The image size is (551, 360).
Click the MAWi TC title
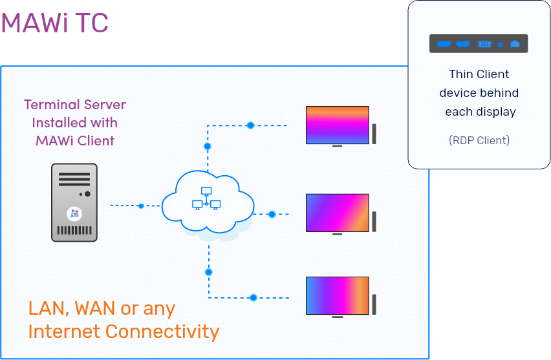[x=55, y=23]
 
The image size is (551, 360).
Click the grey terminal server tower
[x=75, y=202]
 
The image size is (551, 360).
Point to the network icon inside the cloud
[x=206, y=199]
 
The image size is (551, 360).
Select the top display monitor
[x=337, y=125]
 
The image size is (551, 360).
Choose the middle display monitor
[x=337, y=213]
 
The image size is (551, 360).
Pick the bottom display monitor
[x=337, y=296]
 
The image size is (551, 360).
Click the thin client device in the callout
[x=479, y=44]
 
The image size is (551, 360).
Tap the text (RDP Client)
[x=479, y=140]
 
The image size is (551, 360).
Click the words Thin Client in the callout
[x=479, y=74]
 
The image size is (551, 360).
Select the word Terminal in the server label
[x=49, y=105]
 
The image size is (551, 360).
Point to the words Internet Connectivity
[x=124, y=332]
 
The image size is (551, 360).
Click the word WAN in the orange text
[x=94, y=308]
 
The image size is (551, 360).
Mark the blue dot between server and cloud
[x=141, y=206]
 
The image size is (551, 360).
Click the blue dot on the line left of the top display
[x=250, y=125]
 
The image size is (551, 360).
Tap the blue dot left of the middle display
[x=272, y=214]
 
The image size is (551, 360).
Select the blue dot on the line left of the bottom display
[x=253, y=297]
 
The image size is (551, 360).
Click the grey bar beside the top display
[x=374, y=132]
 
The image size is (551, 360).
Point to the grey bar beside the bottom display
[x=374, y=304]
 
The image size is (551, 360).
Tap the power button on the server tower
[x=87, y=193]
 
